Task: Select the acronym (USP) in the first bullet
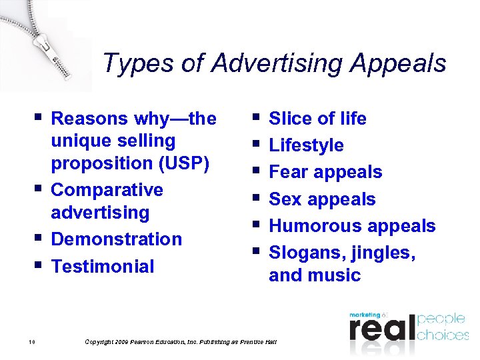(180, 163)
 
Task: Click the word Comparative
(107, 190)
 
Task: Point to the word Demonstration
(116, 239)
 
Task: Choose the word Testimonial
(102, 266)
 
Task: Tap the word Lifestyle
(306, 145)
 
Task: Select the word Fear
(289, 172)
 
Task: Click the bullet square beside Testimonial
(37, 265)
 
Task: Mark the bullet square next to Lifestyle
(255, 144)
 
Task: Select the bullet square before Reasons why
(37, 117)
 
